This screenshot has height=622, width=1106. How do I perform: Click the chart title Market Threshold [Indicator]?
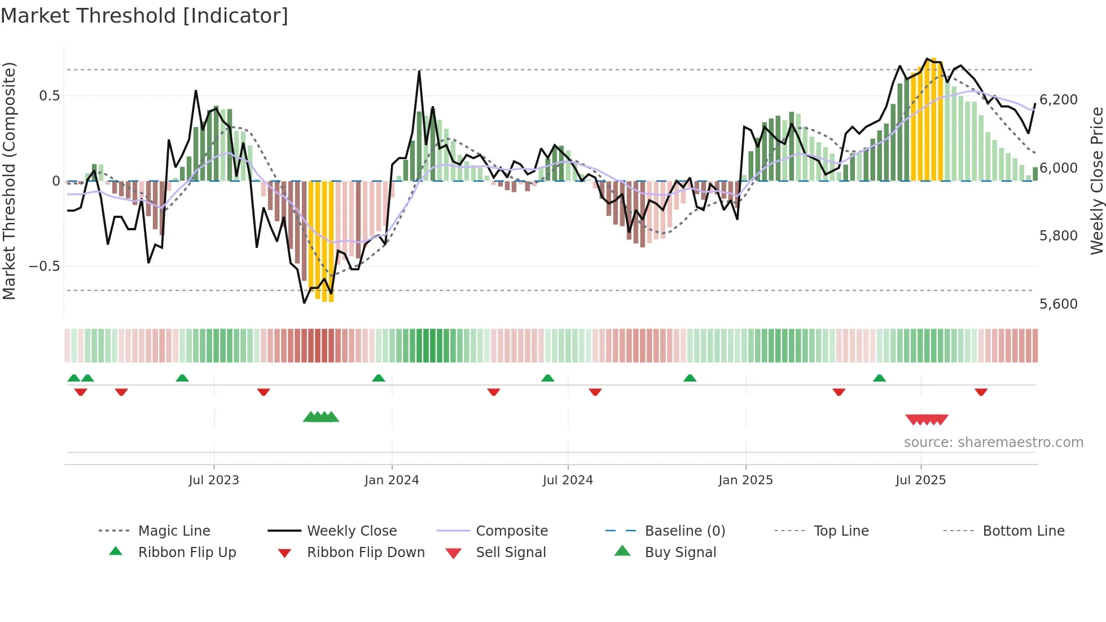pyautogui.click(x=144, y=16)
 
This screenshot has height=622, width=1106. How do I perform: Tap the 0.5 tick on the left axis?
pyautogui.click(x=49, y=96)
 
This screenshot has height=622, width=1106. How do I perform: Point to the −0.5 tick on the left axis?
pyautogui.click(x=45, y=266)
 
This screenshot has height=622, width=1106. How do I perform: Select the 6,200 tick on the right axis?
pyautogui.click(x=1058, y=100)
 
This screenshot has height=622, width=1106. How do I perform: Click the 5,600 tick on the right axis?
pyautogui.click(x=1058, y=304)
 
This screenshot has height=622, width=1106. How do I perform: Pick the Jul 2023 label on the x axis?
pyautogui.click(x=214, y=480)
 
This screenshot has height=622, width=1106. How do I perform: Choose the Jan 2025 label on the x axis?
pyautogui.click(x=745, y=480)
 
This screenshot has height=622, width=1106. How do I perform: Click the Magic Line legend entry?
pyautogui.click(x=174, y=531)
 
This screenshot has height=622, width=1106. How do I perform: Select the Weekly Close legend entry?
pyautogui.click(x=352, y=531)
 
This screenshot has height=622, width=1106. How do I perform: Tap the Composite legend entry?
pyautogui.click(x=511, y=531)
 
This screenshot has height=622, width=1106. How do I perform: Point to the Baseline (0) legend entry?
pyautogui.click(x=684, y=531)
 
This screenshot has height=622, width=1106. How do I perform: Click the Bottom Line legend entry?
pyautogui.click(x=1023, y=531)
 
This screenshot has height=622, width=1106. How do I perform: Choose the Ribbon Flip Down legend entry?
pyautogui.click(x=365, y=553)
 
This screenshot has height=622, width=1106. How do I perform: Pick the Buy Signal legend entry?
pyautogui.click(x=680, y=553)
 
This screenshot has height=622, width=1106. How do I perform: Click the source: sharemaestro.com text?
pyautogui.click(x=993, y=443)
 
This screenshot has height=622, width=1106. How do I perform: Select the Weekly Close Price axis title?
pyautogui.click(x=1096, y=181)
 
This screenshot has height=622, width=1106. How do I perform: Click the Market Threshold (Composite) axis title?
pyautogui.click(x=9, y=181)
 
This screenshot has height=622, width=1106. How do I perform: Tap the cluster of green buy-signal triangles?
pyautogui.click(x=321, y=417)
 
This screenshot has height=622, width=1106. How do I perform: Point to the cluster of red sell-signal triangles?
pyautogui.click(x=927, y=419)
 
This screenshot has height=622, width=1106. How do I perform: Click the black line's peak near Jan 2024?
pyautogui.click(x=419, y=71)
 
